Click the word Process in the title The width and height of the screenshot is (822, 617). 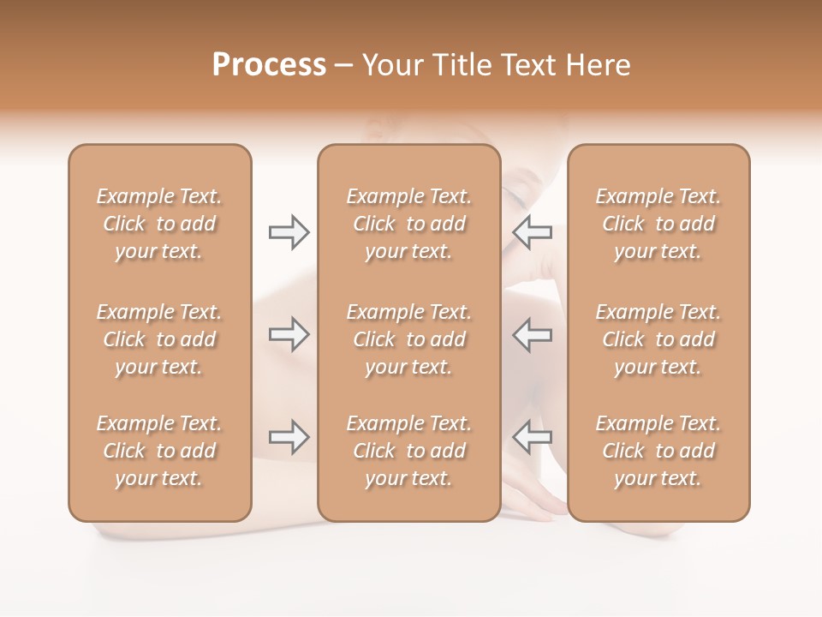(x=269, y=65)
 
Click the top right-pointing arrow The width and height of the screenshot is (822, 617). (x=289, y=231)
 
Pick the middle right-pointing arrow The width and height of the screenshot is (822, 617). (x=289, y=334)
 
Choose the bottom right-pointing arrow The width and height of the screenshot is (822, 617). (x=289, y=437)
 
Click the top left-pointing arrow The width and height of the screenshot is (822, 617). (x=532, y=231)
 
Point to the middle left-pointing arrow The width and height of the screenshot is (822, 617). (x=532, y=334)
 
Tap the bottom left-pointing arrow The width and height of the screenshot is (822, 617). (x=532, y=437)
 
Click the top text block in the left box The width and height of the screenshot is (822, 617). (x=159, y=224)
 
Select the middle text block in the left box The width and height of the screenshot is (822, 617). (x=159, y=339)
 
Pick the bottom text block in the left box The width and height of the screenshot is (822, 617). (x=159, y=451)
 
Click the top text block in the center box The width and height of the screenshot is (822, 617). (x=408, y=224)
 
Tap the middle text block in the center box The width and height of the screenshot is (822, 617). (x=408, y=339)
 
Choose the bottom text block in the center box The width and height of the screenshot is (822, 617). (x=408, y=451)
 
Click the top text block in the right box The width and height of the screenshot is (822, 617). (x=658, y=224)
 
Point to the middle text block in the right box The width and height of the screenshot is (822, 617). (x=658, y=339)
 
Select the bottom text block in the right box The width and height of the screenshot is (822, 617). (x=658, y=451)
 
